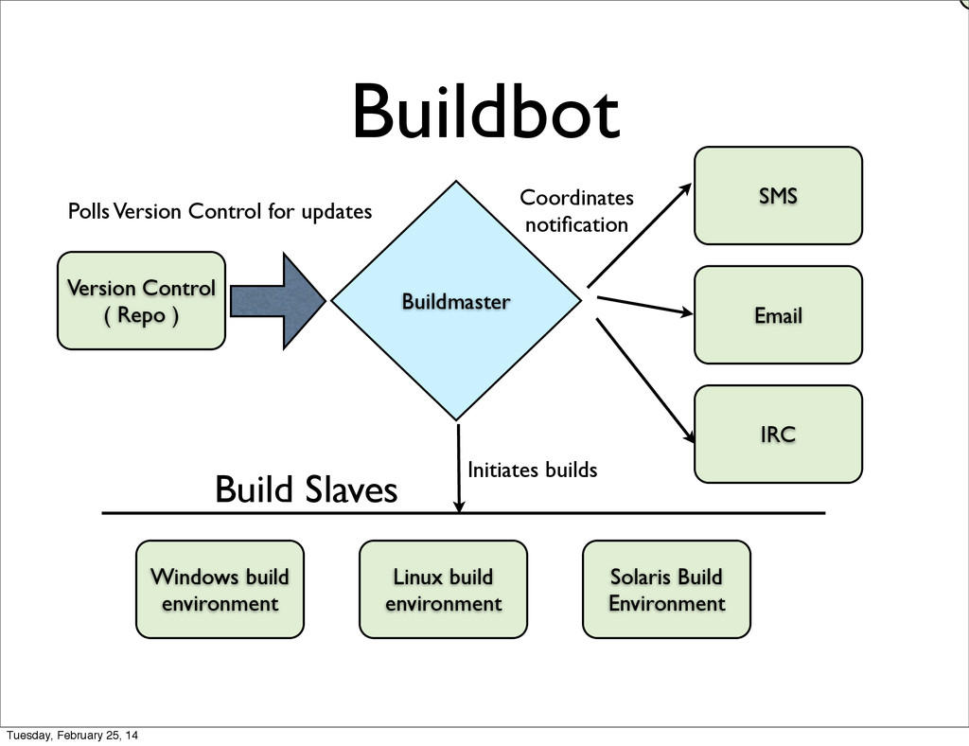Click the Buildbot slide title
click(485, 113)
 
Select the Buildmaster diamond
click(456, 301)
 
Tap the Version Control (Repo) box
click(142, 300)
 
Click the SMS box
click(778, 195)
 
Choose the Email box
click(778, 314)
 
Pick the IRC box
click(778, 434)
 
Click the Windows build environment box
click(220, 590)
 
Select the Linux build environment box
click(443, 590)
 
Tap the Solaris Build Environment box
click(666, 590)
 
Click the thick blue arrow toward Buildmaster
click(278, 301)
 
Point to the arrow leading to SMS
click(639, 235)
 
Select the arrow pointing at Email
click(644, 306)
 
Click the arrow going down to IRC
click(645, 381)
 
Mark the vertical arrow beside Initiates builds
click(459, 468)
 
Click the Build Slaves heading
click(306, 489)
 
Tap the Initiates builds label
click(532, 470)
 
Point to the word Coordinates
click(576, 198)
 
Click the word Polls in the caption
click(89, 211)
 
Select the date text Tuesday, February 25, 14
click(72, 736)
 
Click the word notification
click(576, 224)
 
